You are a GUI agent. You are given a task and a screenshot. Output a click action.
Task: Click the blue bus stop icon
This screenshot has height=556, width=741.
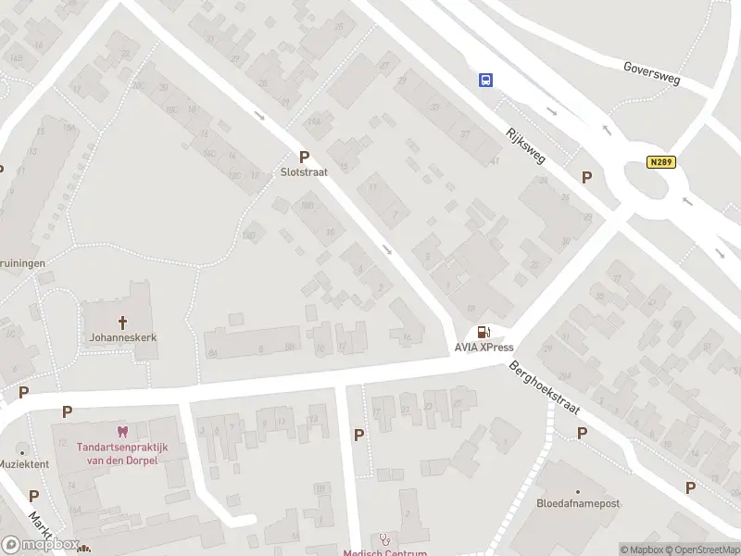click(484, 80)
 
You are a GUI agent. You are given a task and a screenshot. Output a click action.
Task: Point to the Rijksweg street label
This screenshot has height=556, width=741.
click(523, 145)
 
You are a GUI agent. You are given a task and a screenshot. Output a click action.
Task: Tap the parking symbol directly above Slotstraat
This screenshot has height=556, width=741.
click(303, 157)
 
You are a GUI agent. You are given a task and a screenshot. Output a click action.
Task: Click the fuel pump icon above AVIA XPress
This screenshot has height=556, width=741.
click(483, 333)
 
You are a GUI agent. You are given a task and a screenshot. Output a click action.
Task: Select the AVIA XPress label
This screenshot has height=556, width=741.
click(483, 347)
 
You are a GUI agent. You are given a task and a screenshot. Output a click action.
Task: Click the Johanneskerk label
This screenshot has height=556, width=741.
click(122, 338)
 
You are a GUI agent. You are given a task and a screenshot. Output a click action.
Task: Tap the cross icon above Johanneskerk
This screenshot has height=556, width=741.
click(122, 322)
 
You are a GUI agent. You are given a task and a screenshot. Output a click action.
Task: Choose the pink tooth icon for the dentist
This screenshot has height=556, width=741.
click(119, 431)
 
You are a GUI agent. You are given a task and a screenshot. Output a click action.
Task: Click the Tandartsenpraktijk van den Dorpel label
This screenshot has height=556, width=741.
click(117, 452)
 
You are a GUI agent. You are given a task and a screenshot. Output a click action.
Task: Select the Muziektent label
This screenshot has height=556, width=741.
click(24, 463)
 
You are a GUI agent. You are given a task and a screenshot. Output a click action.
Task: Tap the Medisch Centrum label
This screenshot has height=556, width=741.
click(384, 553)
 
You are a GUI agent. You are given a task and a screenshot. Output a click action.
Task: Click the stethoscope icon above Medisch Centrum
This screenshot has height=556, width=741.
click(384, 538)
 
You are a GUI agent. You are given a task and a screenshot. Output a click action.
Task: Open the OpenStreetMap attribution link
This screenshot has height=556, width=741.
click(700, 550)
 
